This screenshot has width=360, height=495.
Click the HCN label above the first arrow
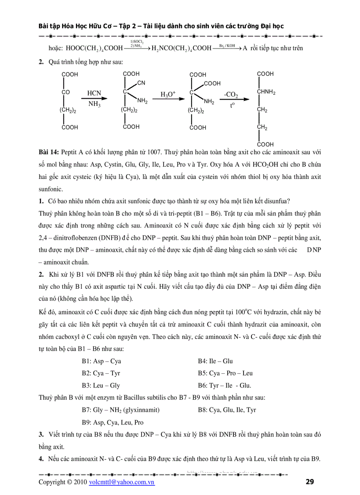click(x=94, y=93)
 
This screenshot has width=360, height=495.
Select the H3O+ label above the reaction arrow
click(x=168, y=94)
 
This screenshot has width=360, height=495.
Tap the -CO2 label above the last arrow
click(x=231, y=94)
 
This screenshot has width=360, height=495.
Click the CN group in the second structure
click(x=141, y=83)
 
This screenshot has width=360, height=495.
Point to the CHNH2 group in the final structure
click(x=266, y=92)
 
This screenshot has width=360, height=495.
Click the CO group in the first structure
click(x=66, y=93)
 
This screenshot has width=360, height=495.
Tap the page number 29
click(x=309, y=482)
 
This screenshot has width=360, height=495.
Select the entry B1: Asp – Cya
click(x=101, y=361)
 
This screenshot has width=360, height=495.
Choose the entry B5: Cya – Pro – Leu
click(x=225, y=373)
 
